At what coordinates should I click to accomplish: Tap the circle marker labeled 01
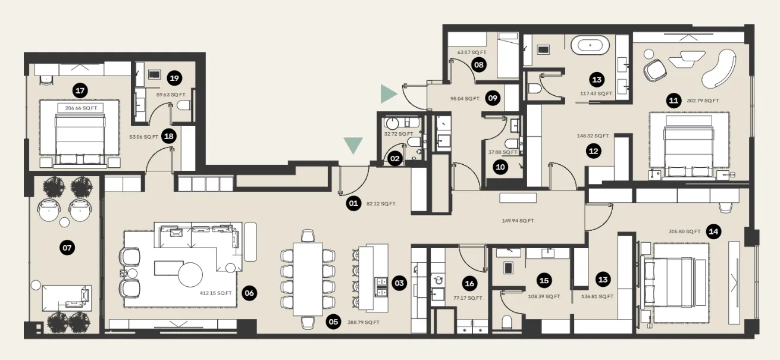point(353,204)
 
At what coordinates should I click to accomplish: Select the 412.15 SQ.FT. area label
point(215,293)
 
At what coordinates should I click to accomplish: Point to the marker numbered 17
point(80,90)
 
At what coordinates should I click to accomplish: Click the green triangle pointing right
point(389,93)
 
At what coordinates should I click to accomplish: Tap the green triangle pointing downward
point(353,145)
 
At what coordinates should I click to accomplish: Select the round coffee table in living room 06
point(187,276)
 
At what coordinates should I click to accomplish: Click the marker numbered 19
point(174,78)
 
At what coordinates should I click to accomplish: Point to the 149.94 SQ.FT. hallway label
point(518,221)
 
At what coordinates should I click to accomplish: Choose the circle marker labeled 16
point(470,284)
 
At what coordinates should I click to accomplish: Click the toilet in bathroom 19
point(184,105)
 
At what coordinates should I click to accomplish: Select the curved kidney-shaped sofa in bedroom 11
point(718,67)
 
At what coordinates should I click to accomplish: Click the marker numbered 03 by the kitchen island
point(399,283)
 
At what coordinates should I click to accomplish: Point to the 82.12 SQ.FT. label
point(381,204)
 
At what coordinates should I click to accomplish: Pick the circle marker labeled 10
point(500,167)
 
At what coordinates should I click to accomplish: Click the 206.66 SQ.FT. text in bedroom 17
point(81,108)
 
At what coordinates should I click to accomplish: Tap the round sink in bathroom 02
point(392,124)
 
